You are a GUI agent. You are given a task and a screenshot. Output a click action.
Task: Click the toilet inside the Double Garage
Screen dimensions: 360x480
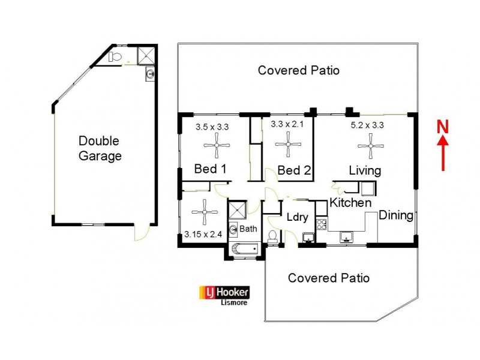click(116, 57)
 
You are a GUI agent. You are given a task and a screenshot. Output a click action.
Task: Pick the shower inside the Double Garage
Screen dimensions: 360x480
click(146, 56)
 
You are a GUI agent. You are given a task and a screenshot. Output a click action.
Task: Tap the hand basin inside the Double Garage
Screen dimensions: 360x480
click(150, 75)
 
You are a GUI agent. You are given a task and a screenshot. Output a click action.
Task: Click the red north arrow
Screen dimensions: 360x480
click(443, 154)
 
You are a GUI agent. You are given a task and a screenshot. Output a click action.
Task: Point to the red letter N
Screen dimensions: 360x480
click(443, 127)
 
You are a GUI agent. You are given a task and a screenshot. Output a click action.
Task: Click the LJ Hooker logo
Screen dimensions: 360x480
click(224, 292)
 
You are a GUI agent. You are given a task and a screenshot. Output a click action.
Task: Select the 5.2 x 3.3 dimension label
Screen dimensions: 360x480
click(367, 125)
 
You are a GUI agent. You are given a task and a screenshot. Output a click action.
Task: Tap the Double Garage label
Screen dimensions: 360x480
click(100, 149)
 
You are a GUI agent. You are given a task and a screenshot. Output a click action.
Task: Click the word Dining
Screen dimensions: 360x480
click(396, 215)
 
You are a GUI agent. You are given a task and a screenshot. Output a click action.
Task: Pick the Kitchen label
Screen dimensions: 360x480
click(350, 203)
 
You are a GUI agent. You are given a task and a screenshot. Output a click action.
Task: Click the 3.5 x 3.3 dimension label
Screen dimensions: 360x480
click(212, 127)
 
